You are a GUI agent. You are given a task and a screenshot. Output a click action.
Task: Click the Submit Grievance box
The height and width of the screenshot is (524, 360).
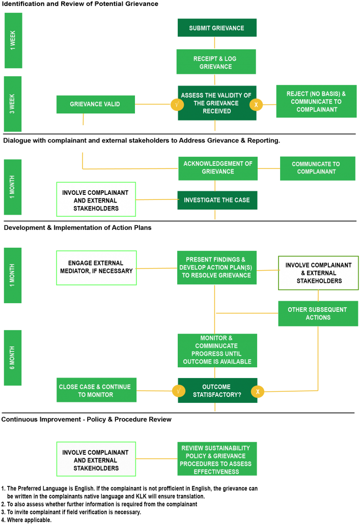click(x=217, y=28)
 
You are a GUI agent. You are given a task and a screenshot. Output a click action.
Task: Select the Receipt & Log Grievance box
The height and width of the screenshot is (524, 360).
click(x=216, y=62)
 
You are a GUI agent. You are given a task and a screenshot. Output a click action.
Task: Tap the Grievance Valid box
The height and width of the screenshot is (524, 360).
click(x=96, y=104)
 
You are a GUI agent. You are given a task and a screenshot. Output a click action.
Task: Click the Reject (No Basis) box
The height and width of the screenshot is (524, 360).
click(x=316, y=101)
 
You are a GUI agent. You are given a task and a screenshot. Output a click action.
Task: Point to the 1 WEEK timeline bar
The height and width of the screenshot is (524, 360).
click(x=13, y=40)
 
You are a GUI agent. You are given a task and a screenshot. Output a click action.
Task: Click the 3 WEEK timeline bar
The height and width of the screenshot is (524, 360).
click(x=13, y=104)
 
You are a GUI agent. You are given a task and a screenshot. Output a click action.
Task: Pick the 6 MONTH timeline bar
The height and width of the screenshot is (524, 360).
click(x=13, y=358)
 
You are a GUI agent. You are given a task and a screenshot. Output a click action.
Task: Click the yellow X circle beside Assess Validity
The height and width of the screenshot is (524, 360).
click(x=256, y=105)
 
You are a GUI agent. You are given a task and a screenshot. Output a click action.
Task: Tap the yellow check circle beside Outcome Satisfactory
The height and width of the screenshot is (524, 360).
click(x=179, y=391)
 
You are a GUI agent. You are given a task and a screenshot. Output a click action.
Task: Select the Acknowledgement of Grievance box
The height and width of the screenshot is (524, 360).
click(x=218, y=168)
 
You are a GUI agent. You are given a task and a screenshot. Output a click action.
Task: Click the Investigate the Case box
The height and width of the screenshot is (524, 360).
click(x=217, y=200)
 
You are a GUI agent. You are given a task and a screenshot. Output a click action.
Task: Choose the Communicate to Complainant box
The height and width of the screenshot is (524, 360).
click(x=318, y=168)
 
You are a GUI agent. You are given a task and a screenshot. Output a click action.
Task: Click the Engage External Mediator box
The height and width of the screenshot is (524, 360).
click(x=96, y=268)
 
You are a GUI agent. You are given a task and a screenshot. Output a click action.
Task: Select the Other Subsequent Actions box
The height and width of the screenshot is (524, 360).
click(x=318, y=313)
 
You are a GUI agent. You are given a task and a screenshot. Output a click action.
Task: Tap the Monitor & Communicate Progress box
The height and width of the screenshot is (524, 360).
click(x=217, y=350)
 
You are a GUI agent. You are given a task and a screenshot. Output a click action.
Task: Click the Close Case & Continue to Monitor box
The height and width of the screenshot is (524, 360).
click(x=96, y=390)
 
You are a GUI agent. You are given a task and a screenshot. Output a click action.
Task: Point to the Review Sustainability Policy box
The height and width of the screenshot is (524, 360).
click(x=217, y=459)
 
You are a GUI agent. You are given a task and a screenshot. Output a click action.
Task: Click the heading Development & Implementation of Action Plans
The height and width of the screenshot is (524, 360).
click(x=77, y=227)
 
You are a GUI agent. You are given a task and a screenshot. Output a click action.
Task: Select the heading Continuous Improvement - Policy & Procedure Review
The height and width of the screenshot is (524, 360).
click(x=87, y=419)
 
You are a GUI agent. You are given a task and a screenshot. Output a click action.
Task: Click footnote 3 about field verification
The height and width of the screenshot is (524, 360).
click(x=71, y=512)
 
